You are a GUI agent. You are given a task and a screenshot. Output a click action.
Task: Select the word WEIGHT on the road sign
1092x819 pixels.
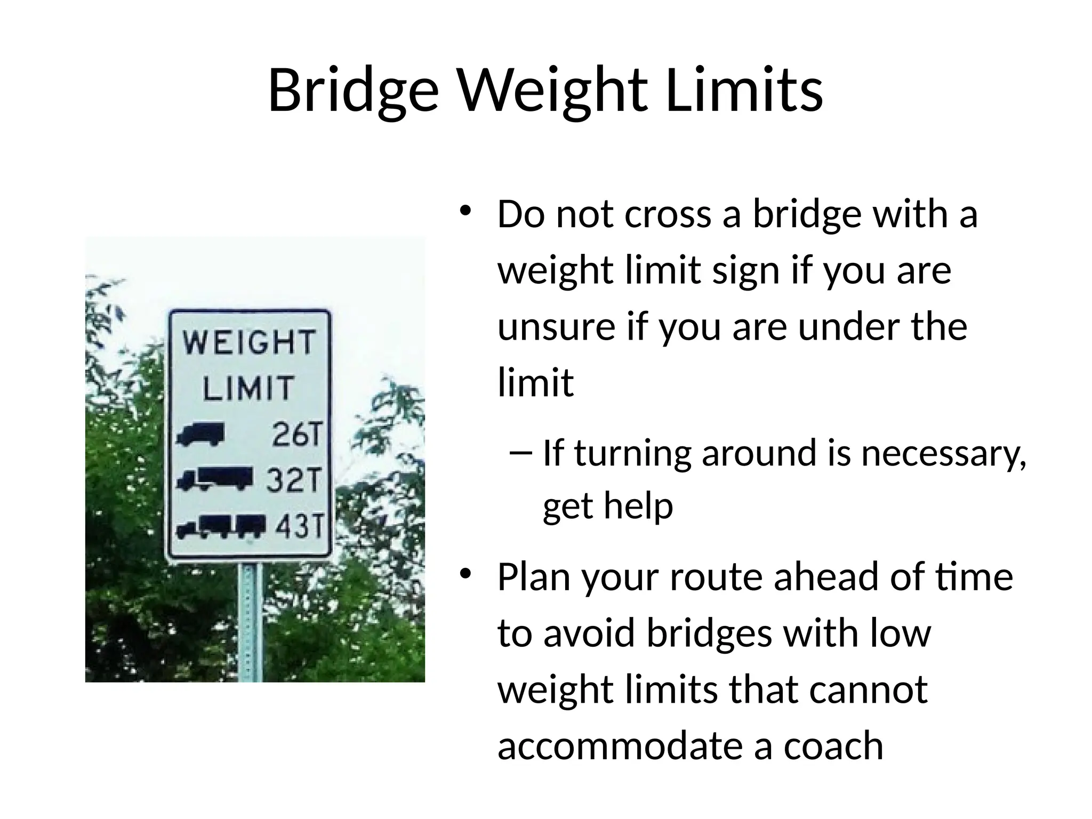(249, 342)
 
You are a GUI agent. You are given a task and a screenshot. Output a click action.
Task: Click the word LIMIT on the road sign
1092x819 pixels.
(248, 387)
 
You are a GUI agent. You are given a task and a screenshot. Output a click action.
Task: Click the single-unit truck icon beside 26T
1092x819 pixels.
(200, 434)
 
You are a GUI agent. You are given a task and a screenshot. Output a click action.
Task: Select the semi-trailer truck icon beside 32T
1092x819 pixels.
(214, 478)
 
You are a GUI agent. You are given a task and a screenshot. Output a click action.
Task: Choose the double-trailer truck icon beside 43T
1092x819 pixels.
(221, 526)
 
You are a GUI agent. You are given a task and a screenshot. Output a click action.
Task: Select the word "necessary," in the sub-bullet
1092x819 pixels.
(944, 453)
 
